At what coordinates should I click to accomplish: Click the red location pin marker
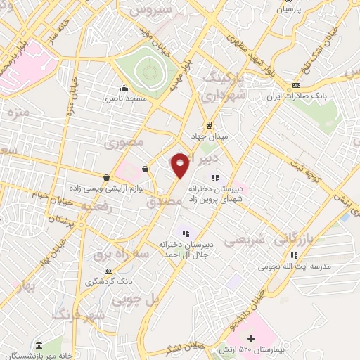click(180, 165)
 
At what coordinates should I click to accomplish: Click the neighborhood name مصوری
click(124, 143)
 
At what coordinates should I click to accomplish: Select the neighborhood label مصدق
click(164, 202)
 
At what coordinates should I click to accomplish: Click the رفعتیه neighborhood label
click(96, 207)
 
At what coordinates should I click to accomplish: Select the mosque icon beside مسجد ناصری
click(124, 89)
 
